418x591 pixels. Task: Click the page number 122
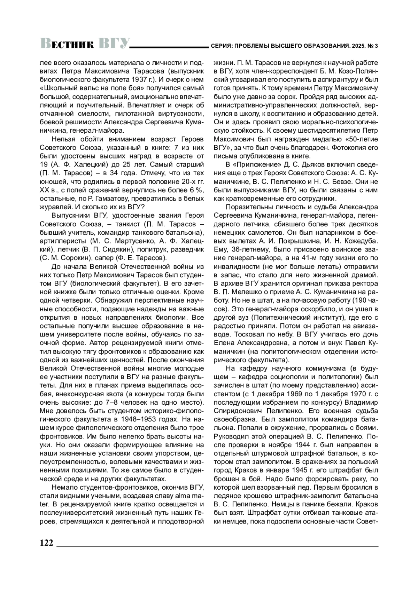click(46, 543)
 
